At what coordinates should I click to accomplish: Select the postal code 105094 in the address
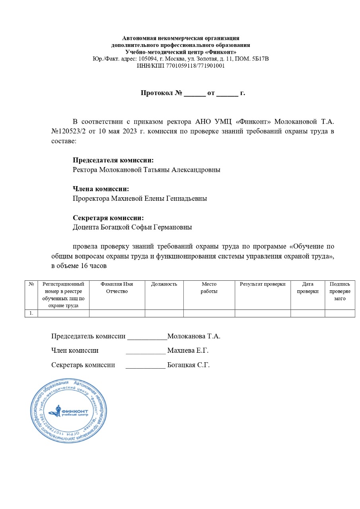pyautogui.click(x=146, y=59)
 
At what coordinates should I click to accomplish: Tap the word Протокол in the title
pyautogui.click(x=157, y=93)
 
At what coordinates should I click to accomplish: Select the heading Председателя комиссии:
pyautogui.click(x=113, y=160)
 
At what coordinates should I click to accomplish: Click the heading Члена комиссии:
pyautogui.click(x=101, y=189)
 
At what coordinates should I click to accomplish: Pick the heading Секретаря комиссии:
pyautogui.click(x=108, y=218)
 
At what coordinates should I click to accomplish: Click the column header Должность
pyautogui.click(x=164, y=284)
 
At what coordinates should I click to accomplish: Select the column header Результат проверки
pyautogui.click(x=263, y=284)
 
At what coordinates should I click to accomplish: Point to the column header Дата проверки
pyautogui.click(x=307, y=288)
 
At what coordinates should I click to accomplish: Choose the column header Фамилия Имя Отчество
pyautogui.click(x=117, y=288)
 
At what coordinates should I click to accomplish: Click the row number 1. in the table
pyautogui.click(x=31, y=313)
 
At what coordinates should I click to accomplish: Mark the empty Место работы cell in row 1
pyautogui.click(x=209, y=313)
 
